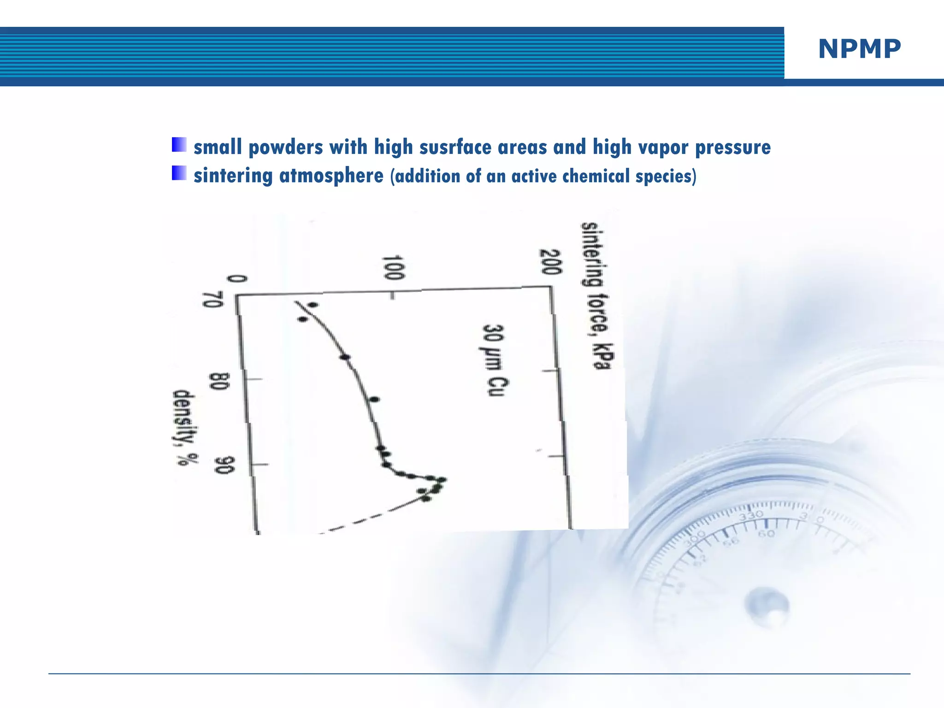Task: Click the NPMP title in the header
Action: (859, 49)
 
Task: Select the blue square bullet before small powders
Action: (179, 145)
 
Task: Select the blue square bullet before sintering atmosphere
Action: (179, 173)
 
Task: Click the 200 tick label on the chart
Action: (550, 262)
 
